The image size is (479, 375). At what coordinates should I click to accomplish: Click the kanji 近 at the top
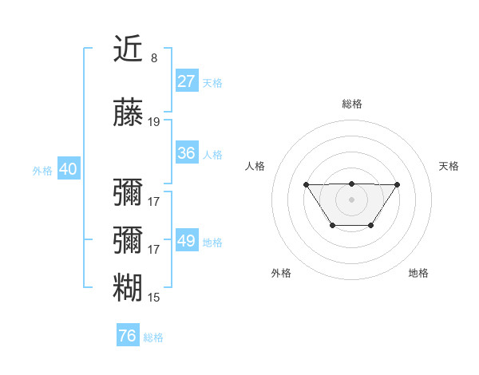point(129,49)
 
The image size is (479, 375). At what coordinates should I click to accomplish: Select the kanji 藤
point(129,113)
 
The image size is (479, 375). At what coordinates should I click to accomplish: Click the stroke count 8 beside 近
point(153,57)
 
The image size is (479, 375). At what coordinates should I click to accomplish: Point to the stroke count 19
point(154,122)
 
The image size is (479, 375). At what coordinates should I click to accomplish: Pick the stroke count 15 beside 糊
point(154,298)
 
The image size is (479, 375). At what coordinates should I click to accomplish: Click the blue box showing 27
point(187,81)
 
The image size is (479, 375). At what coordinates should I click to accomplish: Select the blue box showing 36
point(187,153)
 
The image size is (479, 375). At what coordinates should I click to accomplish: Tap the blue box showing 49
point(187,241)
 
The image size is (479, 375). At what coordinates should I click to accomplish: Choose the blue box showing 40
point(68,169)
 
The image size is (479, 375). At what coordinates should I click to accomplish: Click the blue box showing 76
point(127,336)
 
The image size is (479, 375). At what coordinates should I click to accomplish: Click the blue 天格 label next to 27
point(212,82)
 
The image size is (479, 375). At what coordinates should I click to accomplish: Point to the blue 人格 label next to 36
point(212,154)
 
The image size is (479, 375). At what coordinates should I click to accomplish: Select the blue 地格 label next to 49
point(212,242)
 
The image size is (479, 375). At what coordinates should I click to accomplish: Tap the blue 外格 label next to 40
point(42,170)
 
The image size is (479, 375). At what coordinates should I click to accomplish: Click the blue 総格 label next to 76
point(153,337)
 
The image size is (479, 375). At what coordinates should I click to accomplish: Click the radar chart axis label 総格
point(351,104)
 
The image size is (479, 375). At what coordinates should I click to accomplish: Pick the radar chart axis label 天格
point(449,166)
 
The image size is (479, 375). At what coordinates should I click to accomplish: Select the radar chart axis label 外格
point(281,273)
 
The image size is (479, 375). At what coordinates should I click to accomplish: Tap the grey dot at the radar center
point(351,198)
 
